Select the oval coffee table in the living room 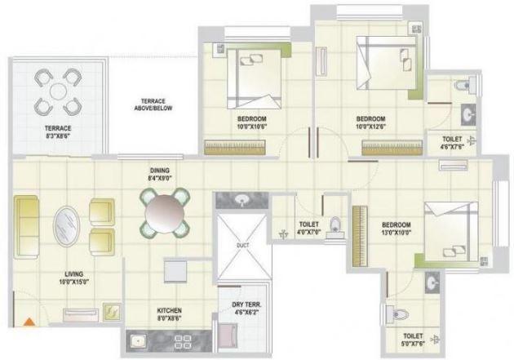pyautogui.click(x=67, y=224)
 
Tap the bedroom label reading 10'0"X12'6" pyautogui.click(x=374, y=123)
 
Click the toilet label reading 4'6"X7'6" pyautogui.click(x=453, y=144)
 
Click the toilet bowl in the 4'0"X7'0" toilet pyautogui.click(x=335, y=229)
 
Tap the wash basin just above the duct pyautogui.click(x=242, y=201)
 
